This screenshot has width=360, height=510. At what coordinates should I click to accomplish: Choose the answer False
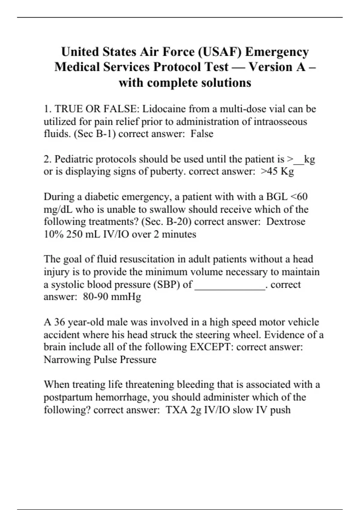pos(202,134)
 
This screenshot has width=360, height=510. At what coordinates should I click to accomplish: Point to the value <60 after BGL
pos(298,197)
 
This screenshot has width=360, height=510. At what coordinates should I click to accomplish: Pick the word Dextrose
pos(286,222)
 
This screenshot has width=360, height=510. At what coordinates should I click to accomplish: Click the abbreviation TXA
pos(177,410)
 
